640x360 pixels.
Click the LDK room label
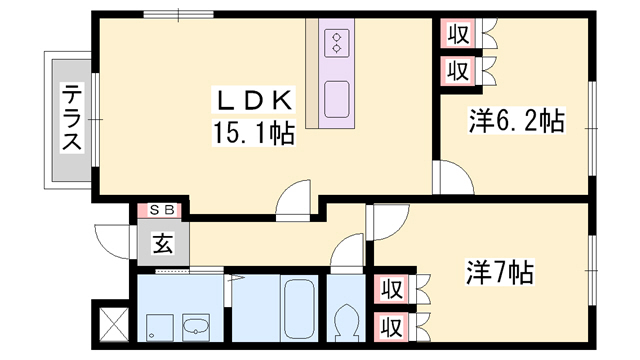pos(253,100)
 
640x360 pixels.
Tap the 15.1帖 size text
pos(253,133)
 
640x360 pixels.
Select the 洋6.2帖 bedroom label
pos(516,121)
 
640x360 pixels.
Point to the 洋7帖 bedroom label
pos(500,272)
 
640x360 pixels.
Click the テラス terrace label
pos(72,117)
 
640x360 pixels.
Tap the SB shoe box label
pos(162,210)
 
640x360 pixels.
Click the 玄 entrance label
pos(163,243)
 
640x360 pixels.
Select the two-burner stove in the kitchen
pos(337,43)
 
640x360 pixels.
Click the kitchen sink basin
pos(337,99)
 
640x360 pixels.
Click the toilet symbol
pos(346,322)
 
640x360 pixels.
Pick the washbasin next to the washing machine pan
pos(196,327)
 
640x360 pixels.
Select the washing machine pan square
pos(160,327)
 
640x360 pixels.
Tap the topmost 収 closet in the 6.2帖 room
pos(458,34)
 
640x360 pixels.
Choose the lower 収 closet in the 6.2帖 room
pos(458,71)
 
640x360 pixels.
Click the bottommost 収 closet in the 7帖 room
pos(392,327)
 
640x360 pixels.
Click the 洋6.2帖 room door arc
pos(460,169)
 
